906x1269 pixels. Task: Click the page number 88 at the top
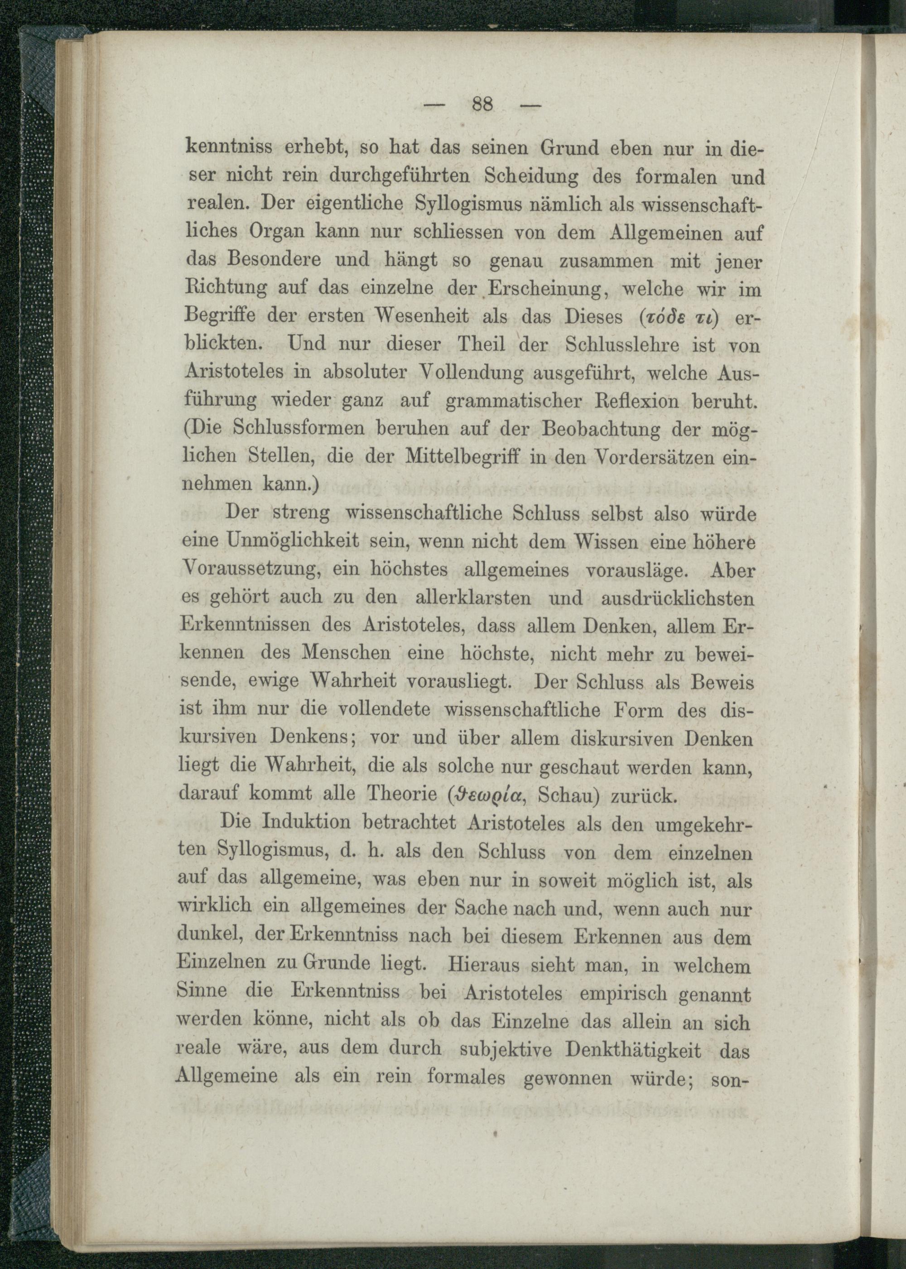[x=482, y=104]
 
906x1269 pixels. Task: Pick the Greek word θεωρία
[x=492, y=794]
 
